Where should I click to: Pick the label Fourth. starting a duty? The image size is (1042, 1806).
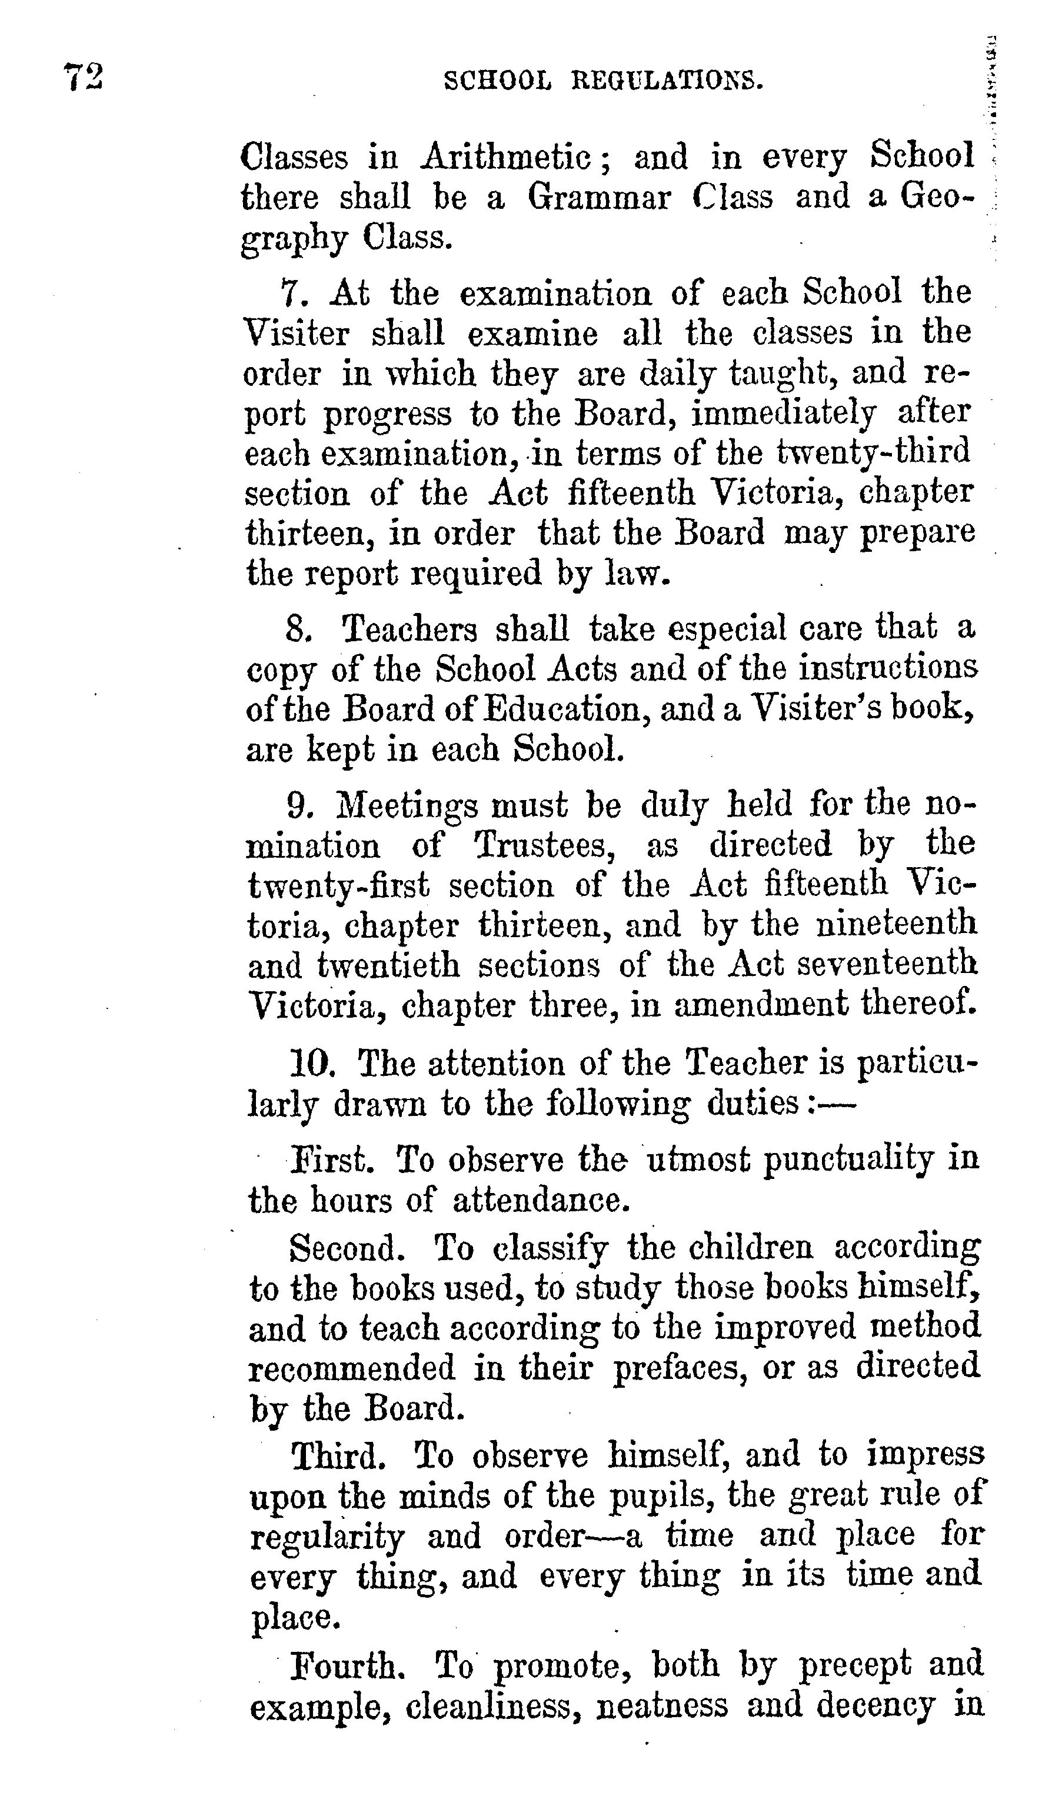pyautogui.click(x=342, y=1665)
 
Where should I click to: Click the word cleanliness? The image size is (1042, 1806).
pyautogui.click(x=493, y=1704)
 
